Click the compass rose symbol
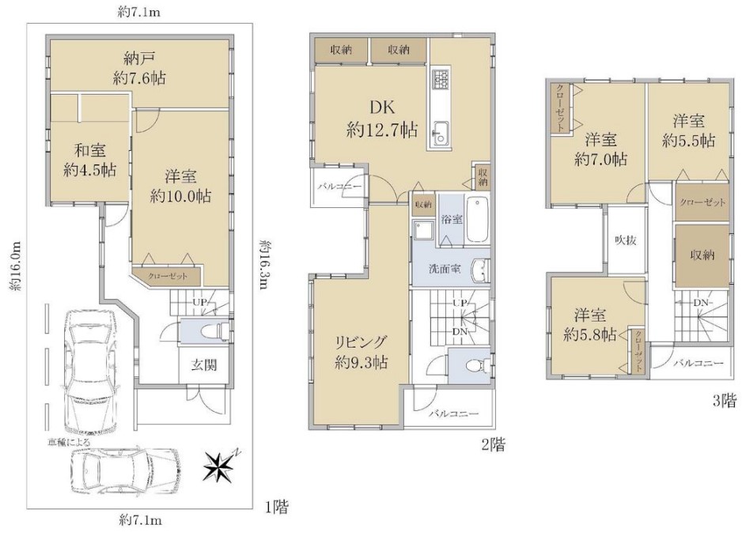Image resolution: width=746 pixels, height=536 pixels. coord(221,466)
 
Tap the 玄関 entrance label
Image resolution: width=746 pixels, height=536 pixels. coord(204,365)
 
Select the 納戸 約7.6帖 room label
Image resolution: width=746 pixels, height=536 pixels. coord(139,69)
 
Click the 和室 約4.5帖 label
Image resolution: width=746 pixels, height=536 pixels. coord(90,160)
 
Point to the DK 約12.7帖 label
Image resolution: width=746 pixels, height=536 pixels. coord(382,118)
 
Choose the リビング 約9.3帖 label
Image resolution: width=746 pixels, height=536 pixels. coord(361,352)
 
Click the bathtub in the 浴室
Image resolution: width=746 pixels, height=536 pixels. coord(477,219)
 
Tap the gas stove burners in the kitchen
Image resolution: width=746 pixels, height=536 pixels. coord(440,79)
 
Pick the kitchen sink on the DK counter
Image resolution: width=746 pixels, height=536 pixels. coord(440,133)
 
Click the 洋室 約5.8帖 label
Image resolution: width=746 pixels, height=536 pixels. coord(590,325)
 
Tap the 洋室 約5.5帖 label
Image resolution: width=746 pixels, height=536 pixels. coord(688,130)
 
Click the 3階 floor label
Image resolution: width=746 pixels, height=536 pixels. coord(725,401)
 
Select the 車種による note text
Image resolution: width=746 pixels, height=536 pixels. coord(68,442)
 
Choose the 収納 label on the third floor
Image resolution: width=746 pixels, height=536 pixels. coord(702,255)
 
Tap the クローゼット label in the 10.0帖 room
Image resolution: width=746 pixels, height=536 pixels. coord(168,276)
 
